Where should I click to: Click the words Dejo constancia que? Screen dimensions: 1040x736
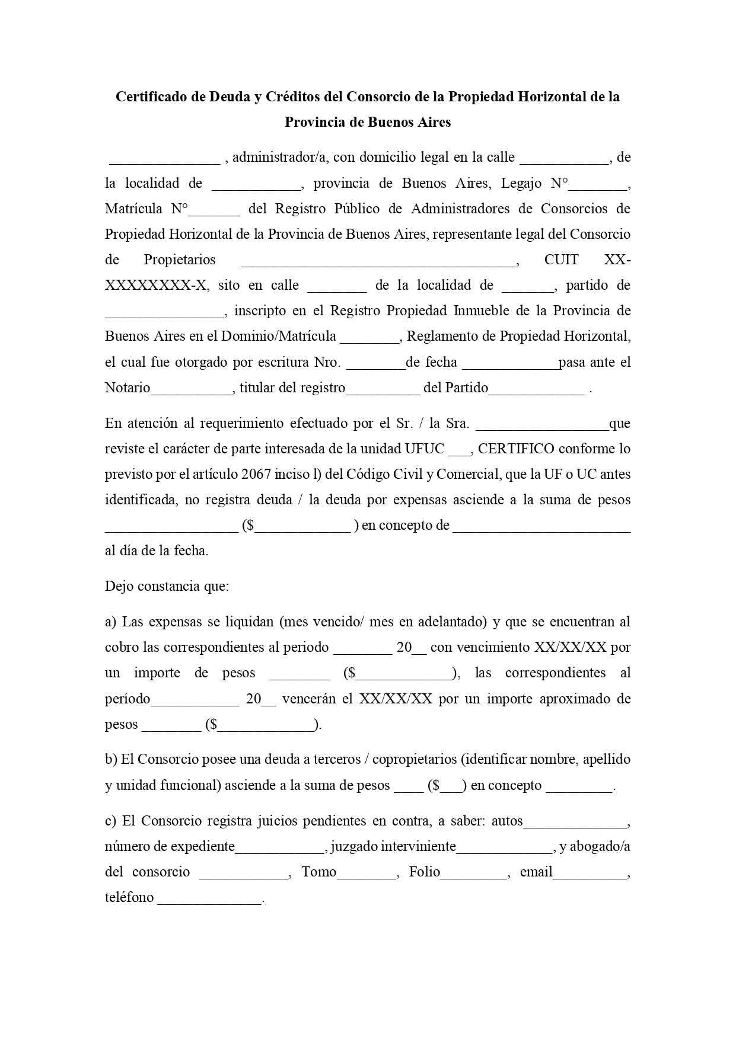[167, 586]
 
